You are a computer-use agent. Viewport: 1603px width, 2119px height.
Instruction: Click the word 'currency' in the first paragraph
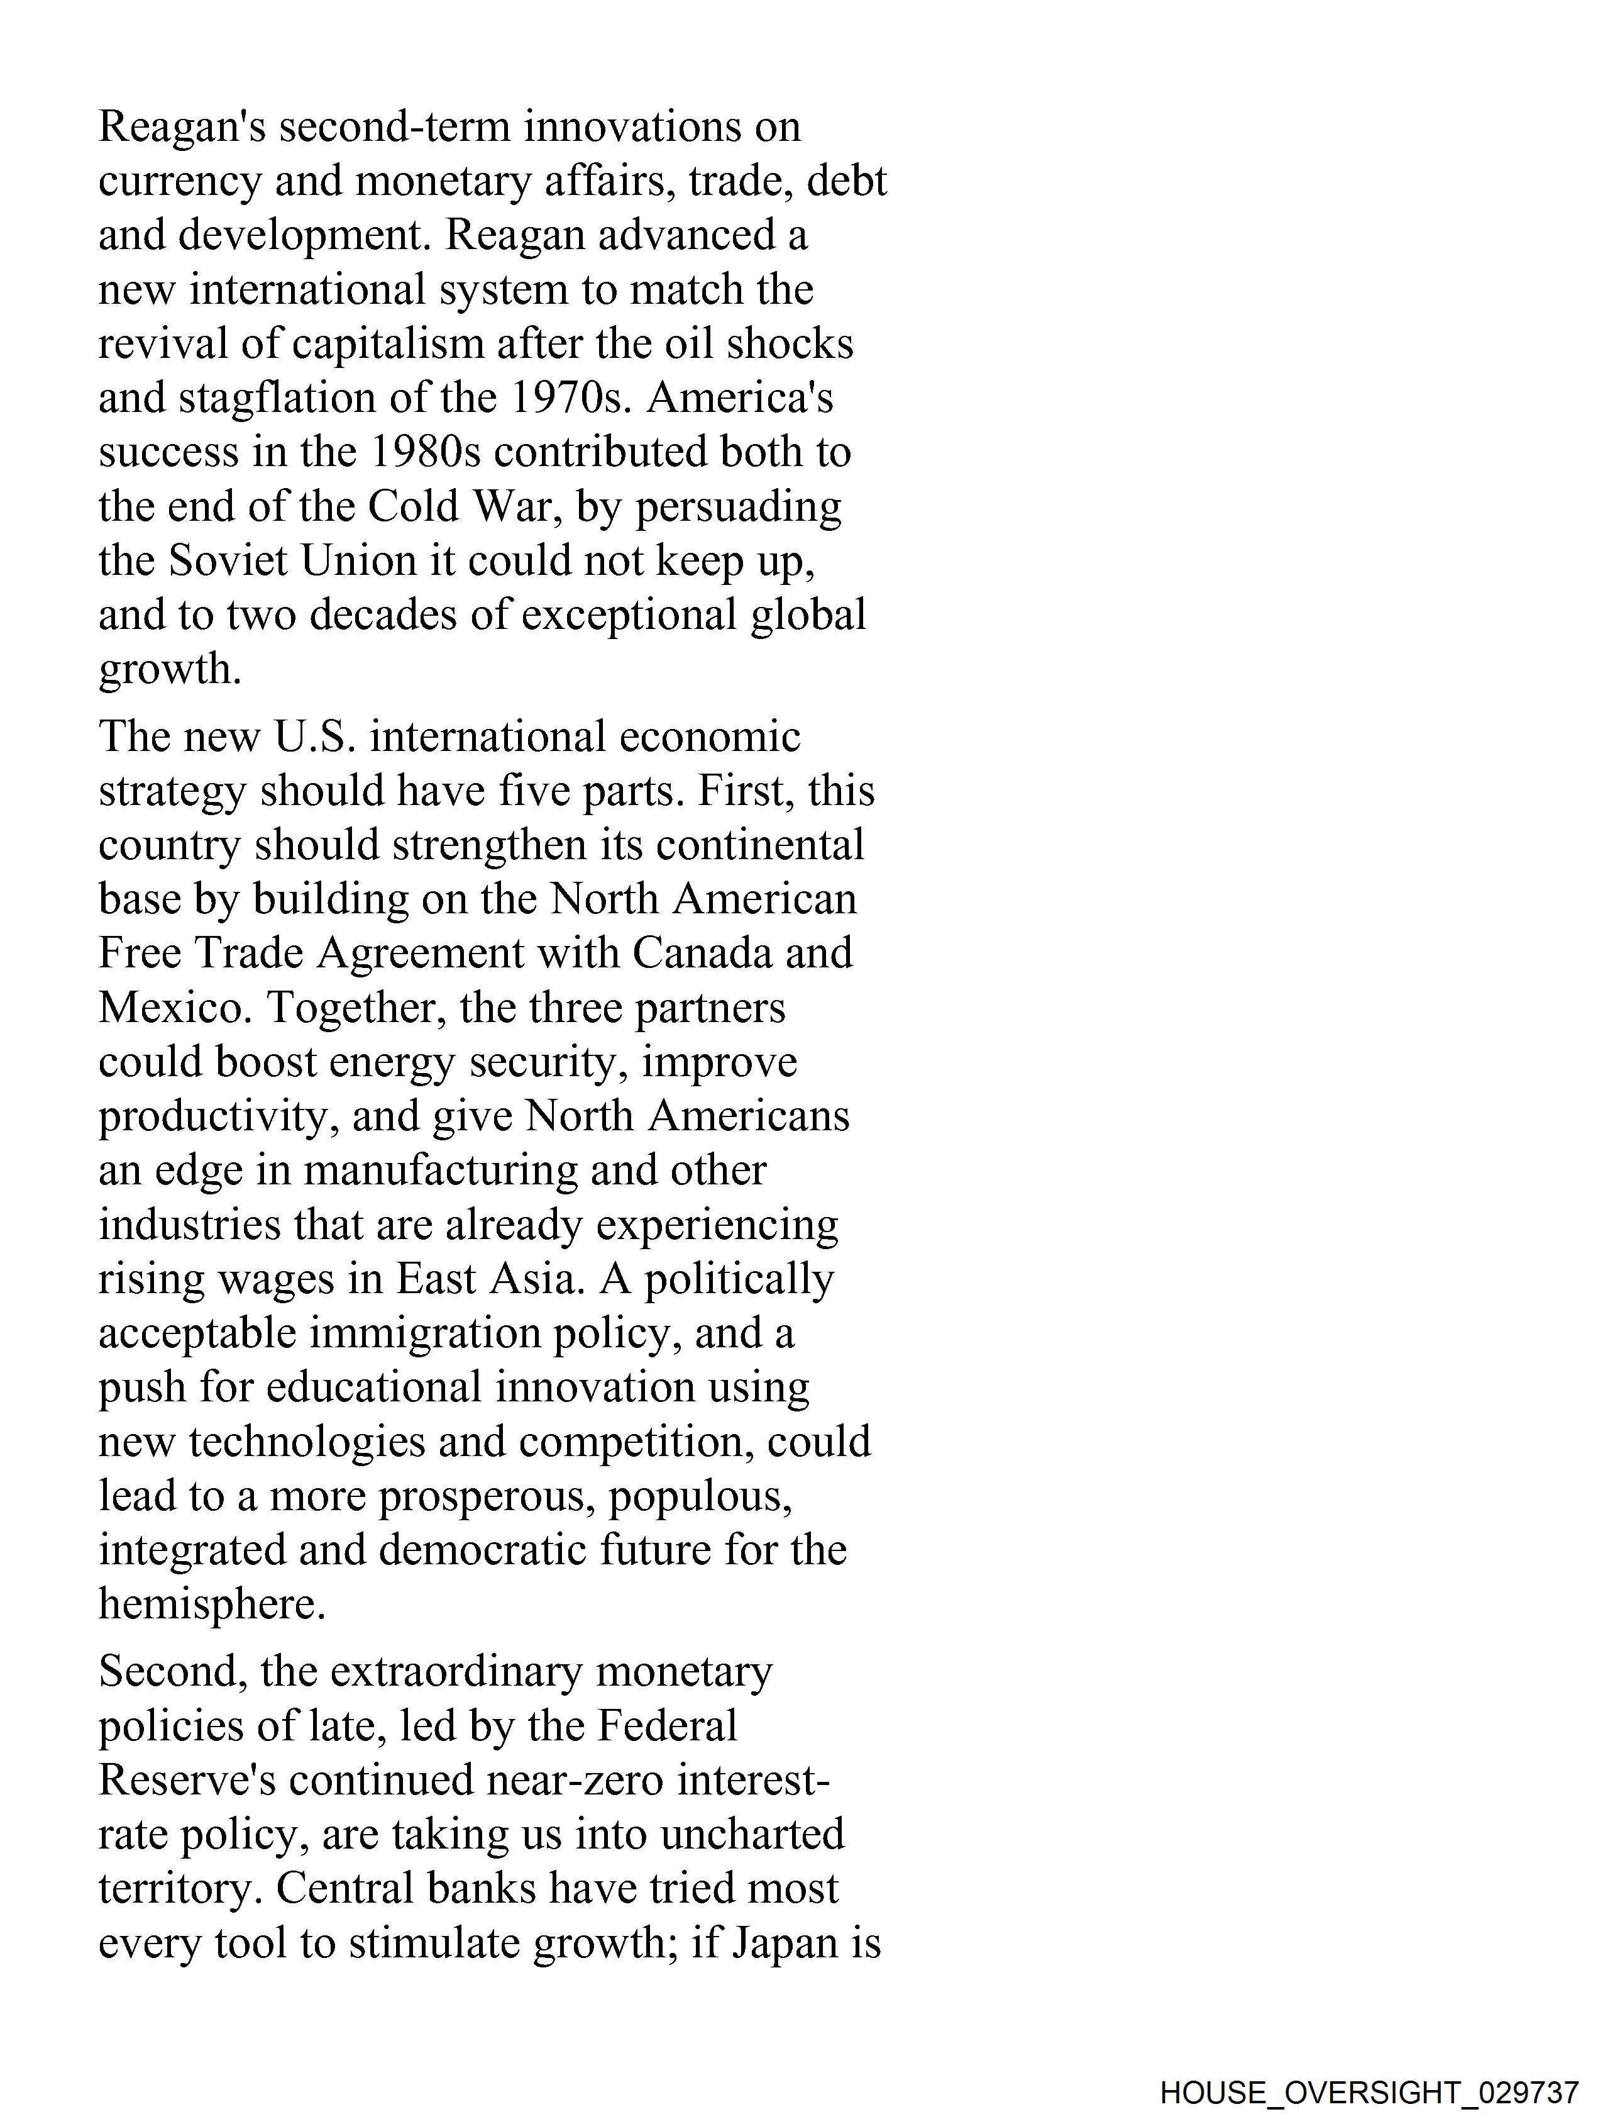pos(180,182)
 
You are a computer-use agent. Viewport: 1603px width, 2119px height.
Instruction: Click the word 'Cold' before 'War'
pos(413,507)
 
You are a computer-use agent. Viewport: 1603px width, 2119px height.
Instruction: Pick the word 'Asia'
pos(536,1279)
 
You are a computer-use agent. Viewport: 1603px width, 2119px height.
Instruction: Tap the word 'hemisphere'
pos(212,1605)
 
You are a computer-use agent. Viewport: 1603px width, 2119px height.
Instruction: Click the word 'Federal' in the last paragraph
pos(668,1727)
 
